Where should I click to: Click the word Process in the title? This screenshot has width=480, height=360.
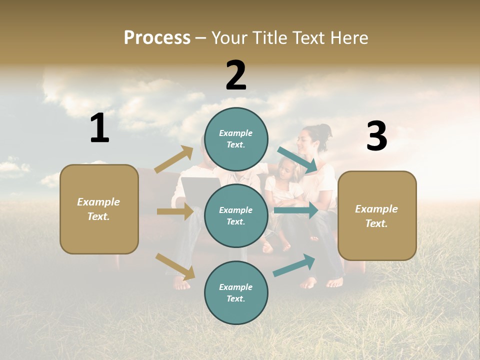(157, 37)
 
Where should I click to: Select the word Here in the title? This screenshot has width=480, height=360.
(347, 37)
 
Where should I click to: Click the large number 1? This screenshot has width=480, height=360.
(99, 128)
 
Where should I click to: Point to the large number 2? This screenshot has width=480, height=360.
(236, 75)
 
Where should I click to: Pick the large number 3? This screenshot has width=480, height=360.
(376, 136)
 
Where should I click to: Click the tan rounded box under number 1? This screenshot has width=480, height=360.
(99, 209)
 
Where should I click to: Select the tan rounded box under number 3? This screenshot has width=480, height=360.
(377, 215)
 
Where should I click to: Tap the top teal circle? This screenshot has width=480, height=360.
(236, 139)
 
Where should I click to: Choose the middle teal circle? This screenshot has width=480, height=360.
(236, 215)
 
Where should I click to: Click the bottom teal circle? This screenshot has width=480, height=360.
(236, 292)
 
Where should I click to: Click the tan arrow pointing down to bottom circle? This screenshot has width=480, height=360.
(175, 266)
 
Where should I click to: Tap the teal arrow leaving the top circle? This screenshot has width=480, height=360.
(297, 159)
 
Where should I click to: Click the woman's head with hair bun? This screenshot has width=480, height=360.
(313, 138)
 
